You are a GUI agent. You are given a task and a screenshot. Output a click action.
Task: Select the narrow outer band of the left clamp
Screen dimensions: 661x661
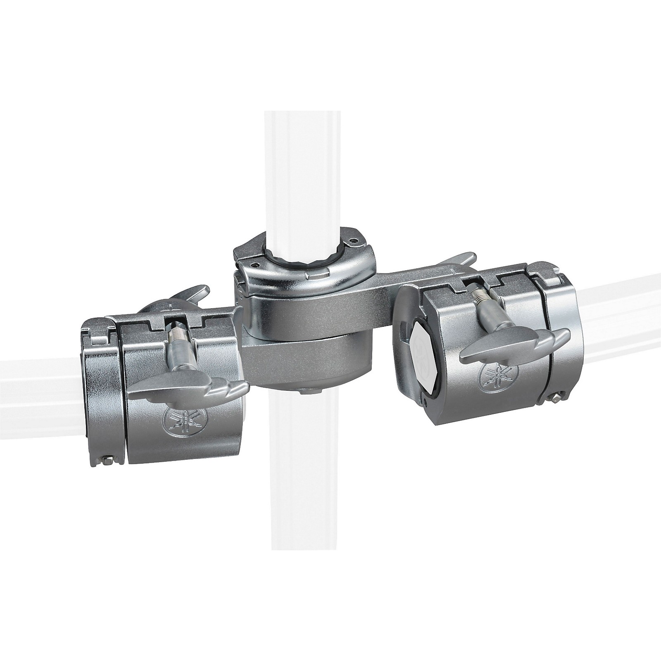99,397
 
